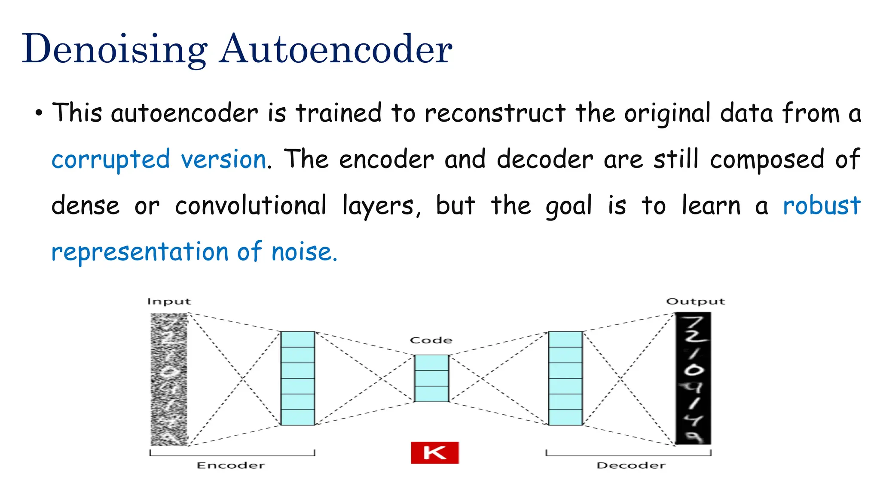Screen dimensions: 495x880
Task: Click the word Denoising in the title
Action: click(x=114, y=49)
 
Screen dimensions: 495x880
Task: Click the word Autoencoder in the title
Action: click(x=336, y=49)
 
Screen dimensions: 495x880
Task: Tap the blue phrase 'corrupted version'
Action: click(x=159, y=160)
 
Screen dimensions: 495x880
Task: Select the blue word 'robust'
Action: click(x=821, y=205)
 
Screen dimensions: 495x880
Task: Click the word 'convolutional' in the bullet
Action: click(x=251, y=205)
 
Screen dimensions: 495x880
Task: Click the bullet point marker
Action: click(x=39, y=114)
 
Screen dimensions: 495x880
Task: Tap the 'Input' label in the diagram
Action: click(x=169, y=302)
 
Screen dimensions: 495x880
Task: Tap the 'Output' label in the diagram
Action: click(x=695, y=302)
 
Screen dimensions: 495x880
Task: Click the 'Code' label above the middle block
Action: click(x=431, y=341)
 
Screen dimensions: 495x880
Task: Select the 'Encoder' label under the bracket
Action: click(x=231, y=465)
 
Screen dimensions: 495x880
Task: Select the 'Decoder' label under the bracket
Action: click(x=631, y=465)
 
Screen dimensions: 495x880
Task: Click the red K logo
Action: click(x=434, y=453)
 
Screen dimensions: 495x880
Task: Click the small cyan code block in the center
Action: click(x=431, y=378)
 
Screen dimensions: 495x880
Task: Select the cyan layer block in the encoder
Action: click(x=298, y=378)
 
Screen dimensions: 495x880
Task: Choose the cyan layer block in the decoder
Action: click(x=565, y=378)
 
